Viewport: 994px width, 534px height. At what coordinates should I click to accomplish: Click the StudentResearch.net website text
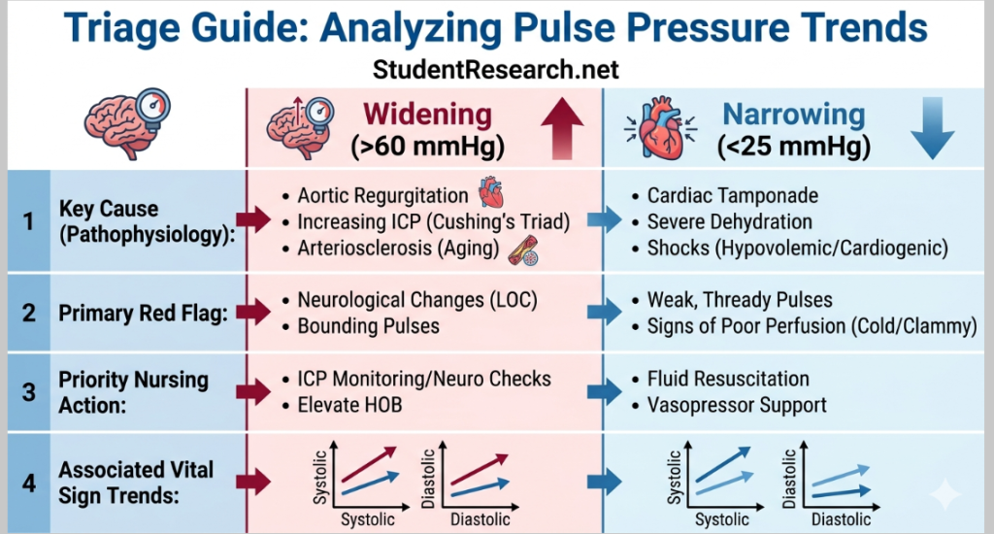(495, 70)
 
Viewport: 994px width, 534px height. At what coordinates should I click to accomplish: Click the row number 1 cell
(28, 221)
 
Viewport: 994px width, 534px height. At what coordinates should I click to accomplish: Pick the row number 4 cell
(28, 482)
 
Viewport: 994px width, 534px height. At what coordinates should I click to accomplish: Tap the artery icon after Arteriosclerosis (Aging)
(524, 250)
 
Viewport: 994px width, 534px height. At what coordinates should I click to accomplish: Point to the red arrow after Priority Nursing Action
(255, 392)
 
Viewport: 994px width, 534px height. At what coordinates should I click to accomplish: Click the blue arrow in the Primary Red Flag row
(605, 313)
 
